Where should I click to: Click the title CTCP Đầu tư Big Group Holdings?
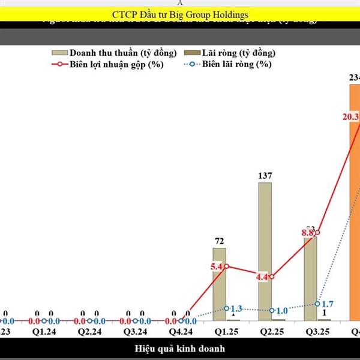pyautogui.click(x=179, y=14)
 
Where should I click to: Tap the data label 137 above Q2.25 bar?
pyautogui.click(x=265, y=176)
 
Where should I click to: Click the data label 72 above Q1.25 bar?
pyautogui.click(x=219, y=241)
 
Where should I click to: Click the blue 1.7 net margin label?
pyautogui.click(x=328, y=304)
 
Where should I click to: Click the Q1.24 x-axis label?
pyautogui.click(x=44, y=331)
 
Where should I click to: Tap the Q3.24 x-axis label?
pyautogui.click(x=134, y=331)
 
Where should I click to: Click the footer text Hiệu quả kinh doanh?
pyautogui.click(x=179, y=348)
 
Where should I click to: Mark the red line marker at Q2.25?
pyautogui.click(x=272, y=277)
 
